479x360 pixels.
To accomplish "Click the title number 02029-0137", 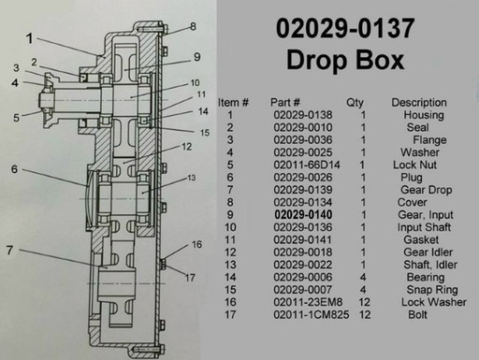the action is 345,28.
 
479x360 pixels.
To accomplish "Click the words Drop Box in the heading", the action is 345,60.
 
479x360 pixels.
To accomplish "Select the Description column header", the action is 419,102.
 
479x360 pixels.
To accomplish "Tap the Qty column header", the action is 355,103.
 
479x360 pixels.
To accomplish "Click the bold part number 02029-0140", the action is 303,215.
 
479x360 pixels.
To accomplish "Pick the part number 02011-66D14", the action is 307,165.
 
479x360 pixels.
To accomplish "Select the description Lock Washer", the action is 434,302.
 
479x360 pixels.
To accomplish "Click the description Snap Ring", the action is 432,290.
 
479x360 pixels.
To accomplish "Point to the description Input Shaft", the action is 424,227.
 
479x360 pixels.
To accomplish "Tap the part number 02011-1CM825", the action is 312,314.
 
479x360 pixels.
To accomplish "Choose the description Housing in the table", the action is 424,115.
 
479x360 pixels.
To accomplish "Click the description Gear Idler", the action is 428,252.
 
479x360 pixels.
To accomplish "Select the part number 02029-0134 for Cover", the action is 303,202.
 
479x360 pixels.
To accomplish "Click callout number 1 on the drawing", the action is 30,38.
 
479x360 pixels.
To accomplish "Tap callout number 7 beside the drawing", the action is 10,250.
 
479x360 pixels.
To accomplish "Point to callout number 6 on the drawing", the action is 14,169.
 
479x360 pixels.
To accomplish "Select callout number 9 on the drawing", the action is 196,57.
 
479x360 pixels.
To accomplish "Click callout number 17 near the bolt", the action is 190,278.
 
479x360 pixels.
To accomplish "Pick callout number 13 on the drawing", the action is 191,178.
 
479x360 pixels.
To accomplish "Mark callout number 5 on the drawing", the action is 16,118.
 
